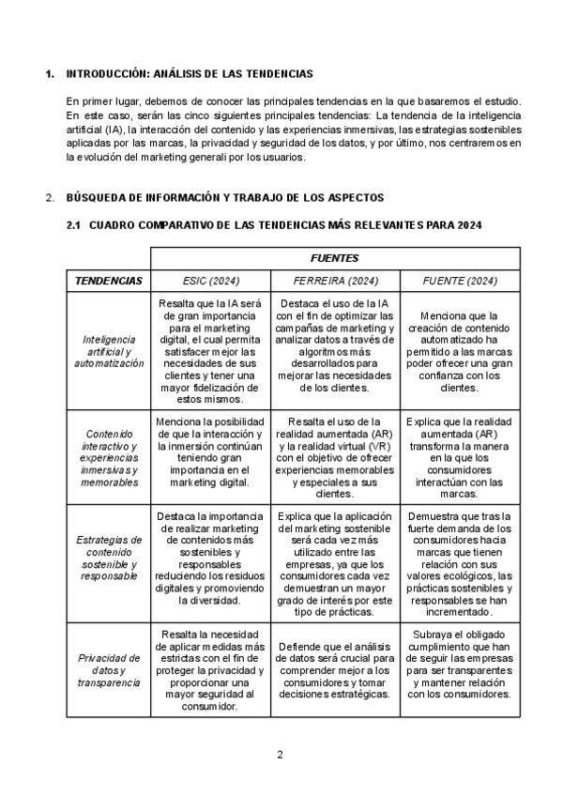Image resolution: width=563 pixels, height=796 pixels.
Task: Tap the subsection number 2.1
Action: coord(75,224)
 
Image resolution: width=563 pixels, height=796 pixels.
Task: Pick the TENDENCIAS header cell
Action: coord(109,280)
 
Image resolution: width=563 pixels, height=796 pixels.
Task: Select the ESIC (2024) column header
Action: coord(211,280)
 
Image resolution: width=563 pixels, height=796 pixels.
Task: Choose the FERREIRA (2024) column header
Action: coord(333,280)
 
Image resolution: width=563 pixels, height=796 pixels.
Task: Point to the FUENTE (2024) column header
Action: coord(460,280)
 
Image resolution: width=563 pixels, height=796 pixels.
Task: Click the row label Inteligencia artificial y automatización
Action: coord(109,350)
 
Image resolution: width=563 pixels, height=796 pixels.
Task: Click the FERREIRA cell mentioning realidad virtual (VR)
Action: coord(333,457)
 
